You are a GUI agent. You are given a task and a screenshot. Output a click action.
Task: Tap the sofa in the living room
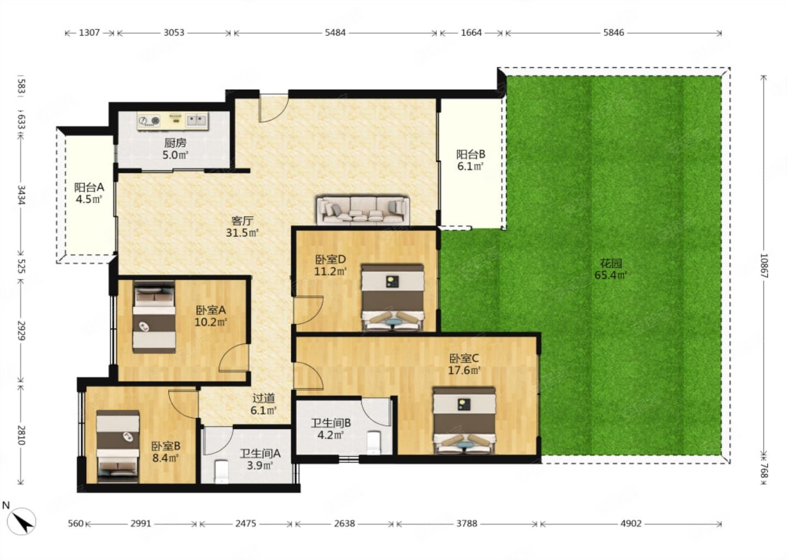point(363,210)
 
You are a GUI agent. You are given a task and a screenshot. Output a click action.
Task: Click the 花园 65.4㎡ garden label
point(611,269)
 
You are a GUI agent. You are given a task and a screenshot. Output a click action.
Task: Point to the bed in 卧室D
point(392,297)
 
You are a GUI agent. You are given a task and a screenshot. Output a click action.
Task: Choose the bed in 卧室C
point(464,421)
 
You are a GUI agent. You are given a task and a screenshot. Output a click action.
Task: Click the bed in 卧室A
point(154,317)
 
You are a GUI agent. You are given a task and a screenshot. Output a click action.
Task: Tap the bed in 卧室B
point(118,445)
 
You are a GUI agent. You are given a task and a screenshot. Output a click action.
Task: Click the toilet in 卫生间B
point(373,442)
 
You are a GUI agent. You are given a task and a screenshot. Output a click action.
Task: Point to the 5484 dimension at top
point(335,33)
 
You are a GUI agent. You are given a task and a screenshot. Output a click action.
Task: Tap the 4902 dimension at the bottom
point(631,523)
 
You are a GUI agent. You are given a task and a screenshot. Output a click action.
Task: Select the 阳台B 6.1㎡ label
point(471,160)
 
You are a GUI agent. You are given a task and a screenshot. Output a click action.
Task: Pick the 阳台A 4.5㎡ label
point(89,193)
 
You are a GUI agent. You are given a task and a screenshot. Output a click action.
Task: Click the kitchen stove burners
point(149,120)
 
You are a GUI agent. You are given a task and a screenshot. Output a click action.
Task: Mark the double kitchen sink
point(196,120)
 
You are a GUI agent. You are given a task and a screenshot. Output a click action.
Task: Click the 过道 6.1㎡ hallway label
point(263,404)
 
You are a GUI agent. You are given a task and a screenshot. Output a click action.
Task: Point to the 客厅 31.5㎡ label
point(243,227)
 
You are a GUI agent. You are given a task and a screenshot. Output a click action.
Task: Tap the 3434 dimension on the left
point(21,195)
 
